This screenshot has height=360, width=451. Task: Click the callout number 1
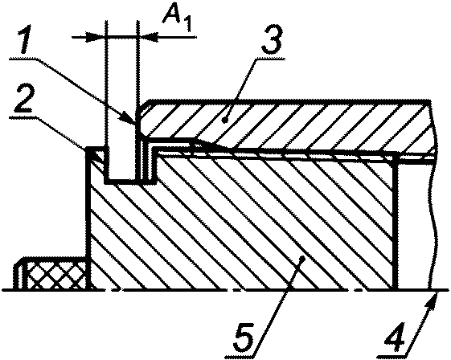28,41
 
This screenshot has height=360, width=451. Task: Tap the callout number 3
272,42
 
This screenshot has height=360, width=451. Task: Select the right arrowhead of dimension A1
149,37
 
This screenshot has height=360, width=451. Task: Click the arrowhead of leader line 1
130,118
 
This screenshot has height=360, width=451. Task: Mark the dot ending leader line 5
301,259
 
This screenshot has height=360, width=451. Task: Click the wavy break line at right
432,195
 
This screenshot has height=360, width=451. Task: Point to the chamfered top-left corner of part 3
143,105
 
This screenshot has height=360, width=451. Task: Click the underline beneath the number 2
23,116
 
